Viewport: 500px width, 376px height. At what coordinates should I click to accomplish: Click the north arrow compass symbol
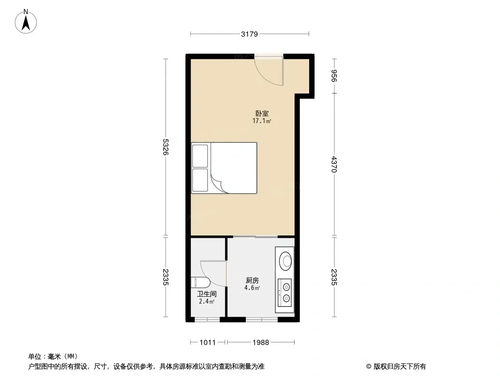[26, 22]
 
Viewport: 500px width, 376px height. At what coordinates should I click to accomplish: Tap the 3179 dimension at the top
[250, 34]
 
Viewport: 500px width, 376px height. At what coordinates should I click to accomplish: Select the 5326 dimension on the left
[165, 147]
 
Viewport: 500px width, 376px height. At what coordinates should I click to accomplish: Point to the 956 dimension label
[334, 76]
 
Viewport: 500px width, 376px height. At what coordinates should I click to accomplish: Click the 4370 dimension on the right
[334, 164]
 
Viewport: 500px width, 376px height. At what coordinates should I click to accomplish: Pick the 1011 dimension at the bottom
[208, 343]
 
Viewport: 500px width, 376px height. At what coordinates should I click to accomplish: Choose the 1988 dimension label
[261, 343]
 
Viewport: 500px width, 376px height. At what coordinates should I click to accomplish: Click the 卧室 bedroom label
[262, 113]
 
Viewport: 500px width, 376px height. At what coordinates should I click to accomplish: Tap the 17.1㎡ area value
[262, 121]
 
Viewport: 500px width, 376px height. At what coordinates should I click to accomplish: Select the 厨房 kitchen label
[252, 281]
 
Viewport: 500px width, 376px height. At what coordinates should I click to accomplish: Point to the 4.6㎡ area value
[252, 288]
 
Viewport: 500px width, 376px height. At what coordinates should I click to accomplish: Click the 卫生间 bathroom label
[207, 294]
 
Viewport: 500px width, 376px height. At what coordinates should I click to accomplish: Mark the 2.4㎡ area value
[207, 301]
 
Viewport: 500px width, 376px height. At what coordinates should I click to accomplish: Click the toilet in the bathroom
[200, 283]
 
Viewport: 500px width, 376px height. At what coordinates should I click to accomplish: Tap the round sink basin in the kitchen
[285, 261]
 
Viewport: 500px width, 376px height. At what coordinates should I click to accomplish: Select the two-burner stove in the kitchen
[285, 293]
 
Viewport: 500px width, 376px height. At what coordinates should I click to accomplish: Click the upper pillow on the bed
[200, 156]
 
